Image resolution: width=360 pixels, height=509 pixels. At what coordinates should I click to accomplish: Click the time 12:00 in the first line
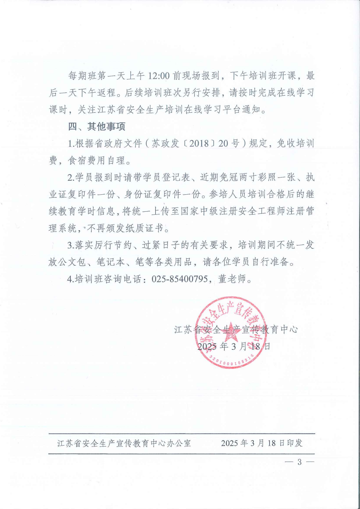159,76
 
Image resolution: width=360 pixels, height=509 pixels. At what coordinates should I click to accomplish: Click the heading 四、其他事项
97,127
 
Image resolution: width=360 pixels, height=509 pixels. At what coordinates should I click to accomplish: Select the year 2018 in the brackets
199,144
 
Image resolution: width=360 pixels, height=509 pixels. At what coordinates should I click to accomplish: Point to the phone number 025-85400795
180,279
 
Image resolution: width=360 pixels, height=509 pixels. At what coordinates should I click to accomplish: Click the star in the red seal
231,332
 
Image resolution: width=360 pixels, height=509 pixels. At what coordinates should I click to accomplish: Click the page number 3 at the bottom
299,462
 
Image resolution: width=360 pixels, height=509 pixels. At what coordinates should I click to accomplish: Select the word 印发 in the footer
295,443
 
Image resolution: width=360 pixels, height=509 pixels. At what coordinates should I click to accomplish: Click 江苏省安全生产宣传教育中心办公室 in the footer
124,443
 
